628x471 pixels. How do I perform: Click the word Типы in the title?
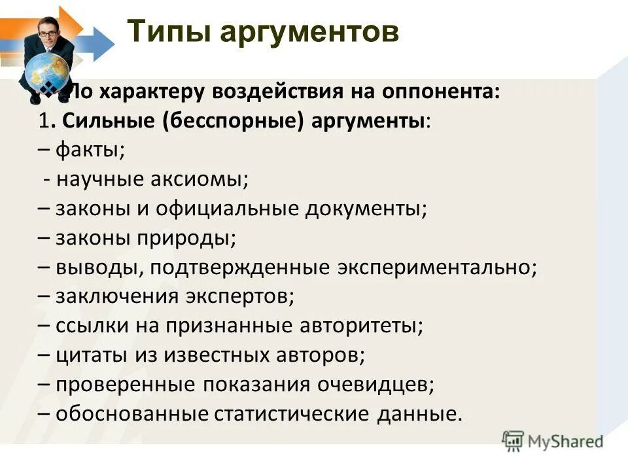(167, 31)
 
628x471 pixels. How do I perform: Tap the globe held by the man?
(48, 71)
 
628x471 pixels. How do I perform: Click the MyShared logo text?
(565, 441)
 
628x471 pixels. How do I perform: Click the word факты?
(90, 150)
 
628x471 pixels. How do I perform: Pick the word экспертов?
(251, 296)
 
